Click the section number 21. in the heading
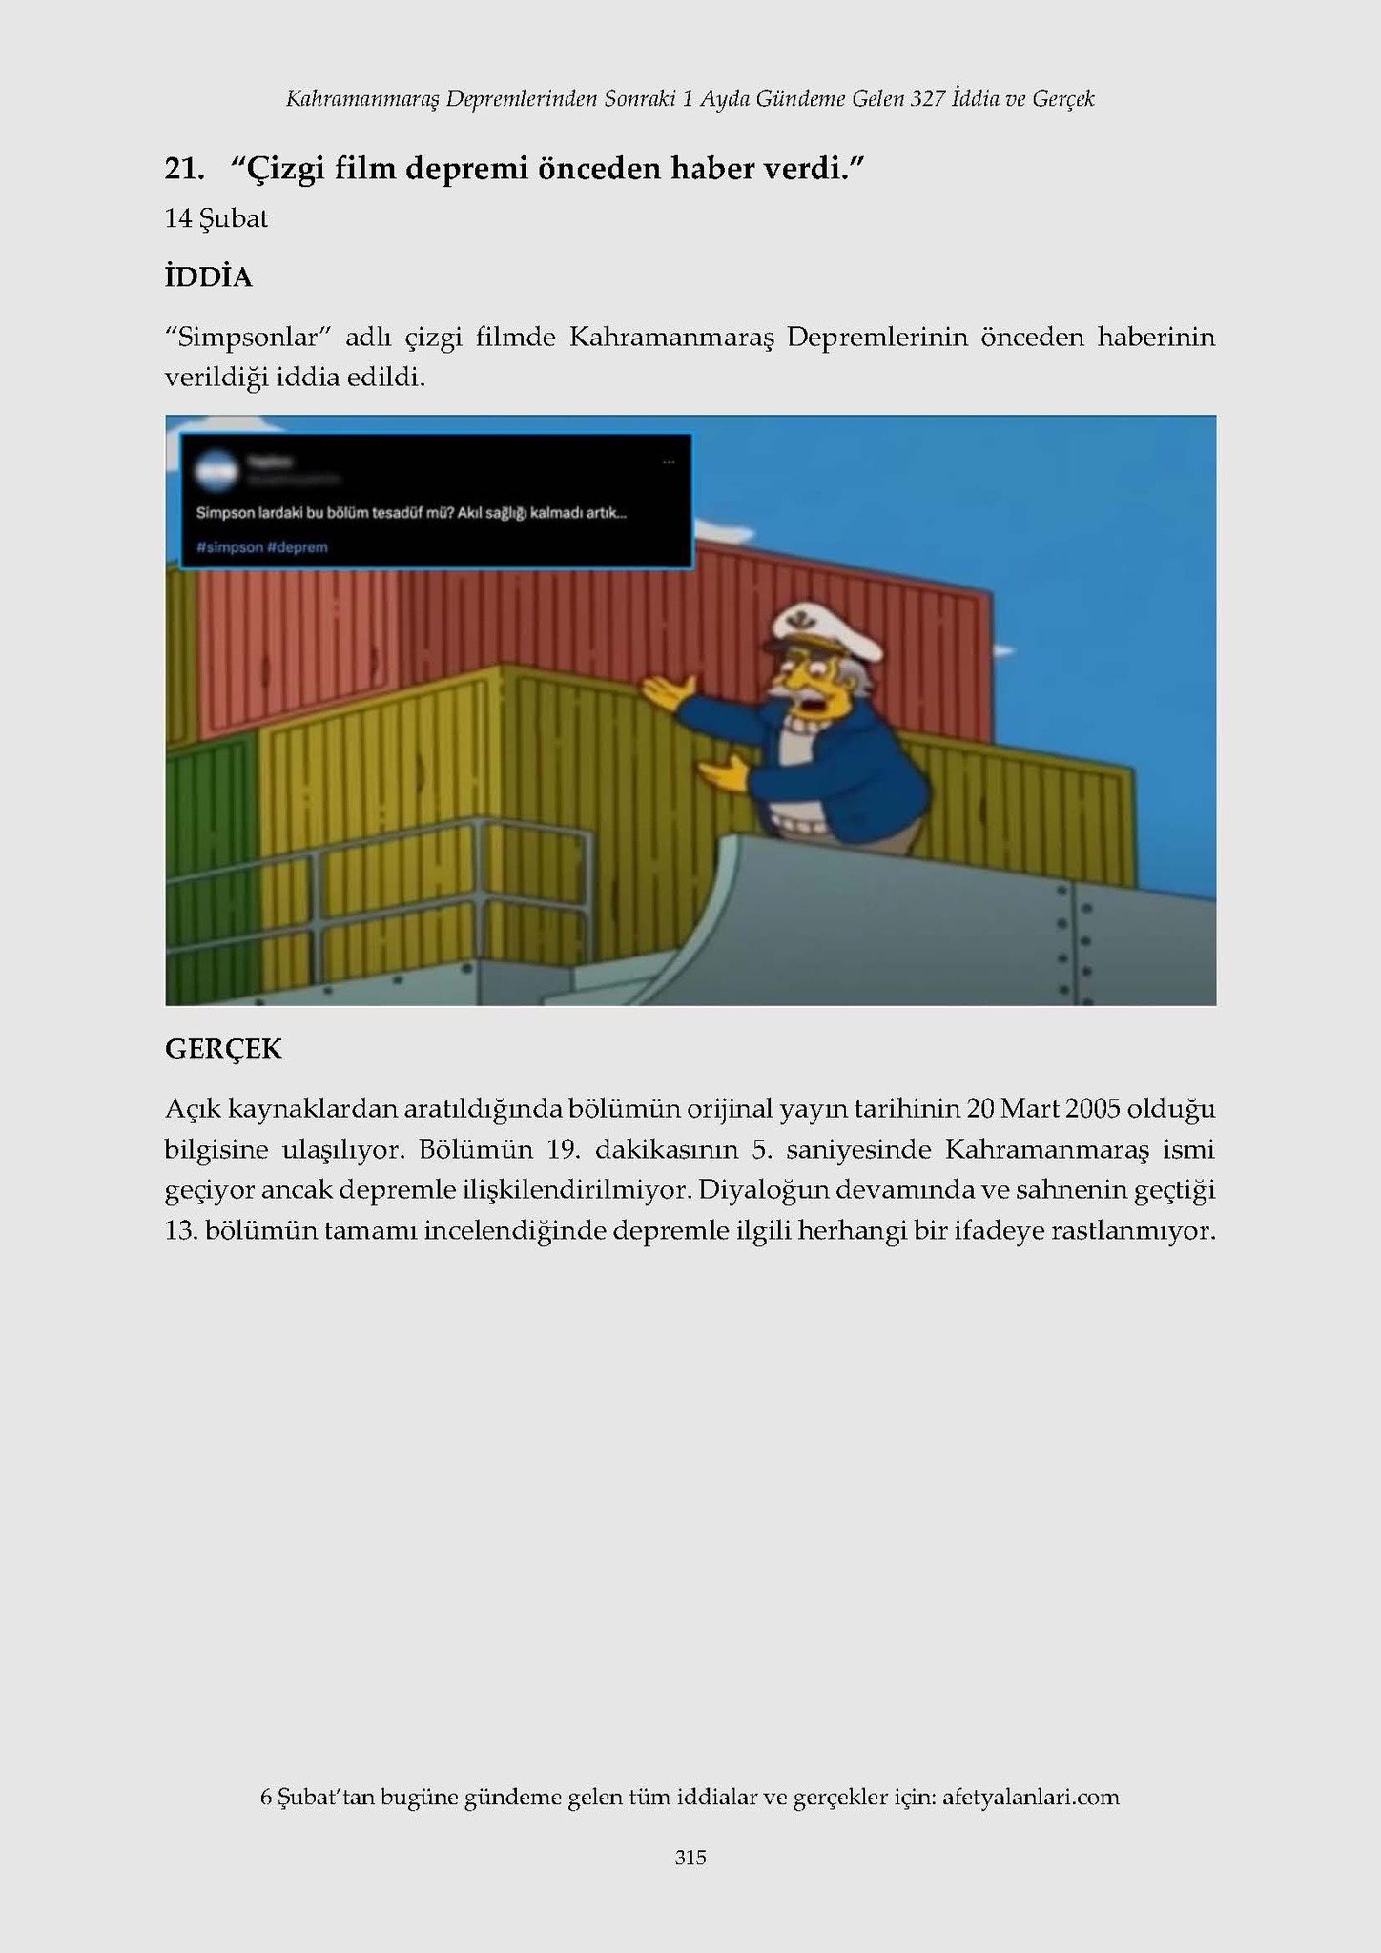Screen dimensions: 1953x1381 click(184, 169)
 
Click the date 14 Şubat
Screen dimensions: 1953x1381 click(216, 219)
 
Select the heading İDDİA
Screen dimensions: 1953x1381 click(208, 278)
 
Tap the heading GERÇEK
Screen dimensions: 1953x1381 click(223, 1049)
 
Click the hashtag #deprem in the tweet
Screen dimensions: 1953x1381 click(299, 547)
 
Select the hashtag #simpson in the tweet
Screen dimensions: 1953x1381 click(230, 547)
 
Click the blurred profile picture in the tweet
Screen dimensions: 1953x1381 click(216, 471)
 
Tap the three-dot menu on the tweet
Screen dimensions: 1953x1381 click(668, 463)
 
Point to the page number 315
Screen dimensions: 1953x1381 click(690, 1858)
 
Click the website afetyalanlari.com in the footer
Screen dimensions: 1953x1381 click(1030, 1798)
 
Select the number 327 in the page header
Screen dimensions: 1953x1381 click(928, 98)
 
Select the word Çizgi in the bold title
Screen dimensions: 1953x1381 click(278, 169)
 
